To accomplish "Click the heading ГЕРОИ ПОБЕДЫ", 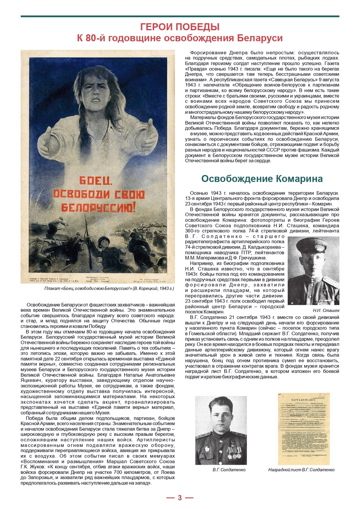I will (x=180, y=27).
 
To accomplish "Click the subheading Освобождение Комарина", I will (x=262, y=179).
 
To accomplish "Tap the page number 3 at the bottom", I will (x=180, y=498).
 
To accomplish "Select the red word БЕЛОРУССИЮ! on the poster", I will (x=98, y=208).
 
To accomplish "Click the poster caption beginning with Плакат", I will (x=109, y=289).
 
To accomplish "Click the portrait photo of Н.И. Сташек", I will (x=314, y=270).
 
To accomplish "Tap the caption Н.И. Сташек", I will (x=326, y=310).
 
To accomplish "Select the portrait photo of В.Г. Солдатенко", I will (x=221, y=430).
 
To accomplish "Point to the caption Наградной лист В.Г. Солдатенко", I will (x=301, y=470).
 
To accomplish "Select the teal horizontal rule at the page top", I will (x=180, y=16).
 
